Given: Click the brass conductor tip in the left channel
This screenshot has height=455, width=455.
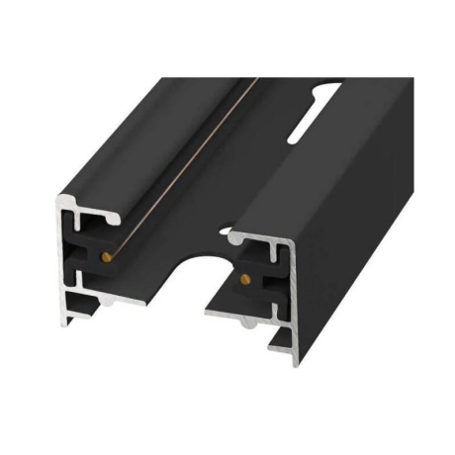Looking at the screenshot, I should [x=104, y=256].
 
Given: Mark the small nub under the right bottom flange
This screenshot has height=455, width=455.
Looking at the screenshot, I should [x=243, y=322].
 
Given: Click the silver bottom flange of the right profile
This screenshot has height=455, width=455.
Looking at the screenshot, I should [x=247, y=315].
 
